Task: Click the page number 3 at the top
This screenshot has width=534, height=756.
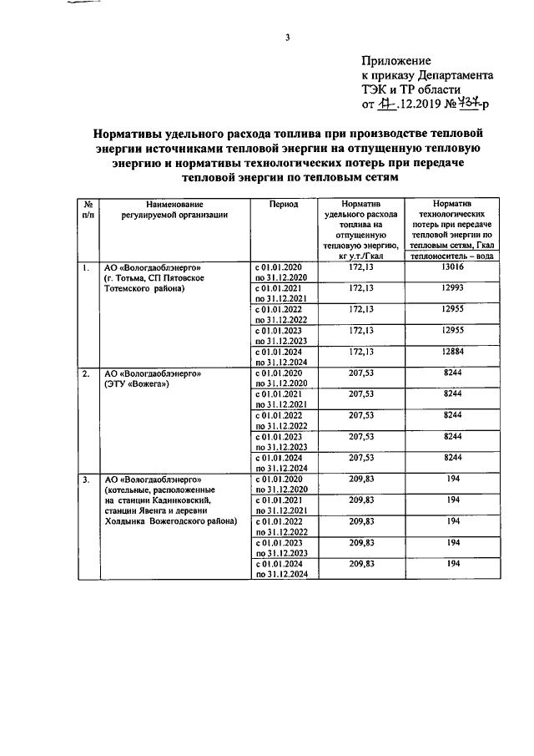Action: point(287,36)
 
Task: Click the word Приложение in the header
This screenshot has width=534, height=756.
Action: point(396,61)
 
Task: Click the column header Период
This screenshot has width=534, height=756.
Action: point(283,204)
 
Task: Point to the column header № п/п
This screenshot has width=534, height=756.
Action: point(88,209)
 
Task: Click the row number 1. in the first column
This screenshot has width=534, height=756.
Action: point(86,267)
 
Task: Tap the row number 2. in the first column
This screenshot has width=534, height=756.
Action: point(86,373)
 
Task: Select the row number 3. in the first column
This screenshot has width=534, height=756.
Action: point(86,479)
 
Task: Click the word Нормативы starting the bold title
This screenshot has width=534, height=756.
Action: point(136,133)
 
